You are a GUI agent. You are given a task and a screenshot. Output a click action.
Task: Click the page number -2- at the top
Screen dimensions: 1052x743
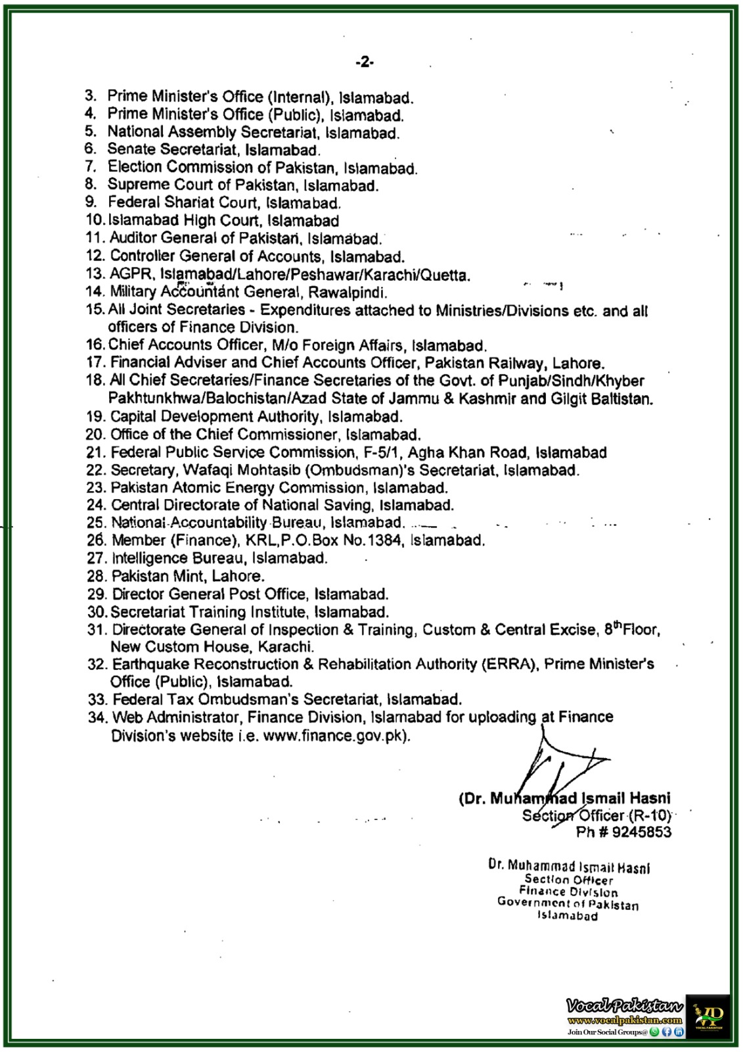365,62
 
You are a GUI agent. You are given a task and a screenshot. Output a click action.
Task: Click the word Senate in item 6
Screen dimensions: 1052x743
131,150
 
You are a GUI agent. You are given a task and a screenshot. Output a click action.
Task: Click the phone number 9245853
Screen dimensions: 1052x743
641,832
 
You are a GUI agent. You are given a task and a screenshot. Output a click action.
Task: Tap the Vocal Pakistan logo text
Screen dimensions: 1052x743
624,1005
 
